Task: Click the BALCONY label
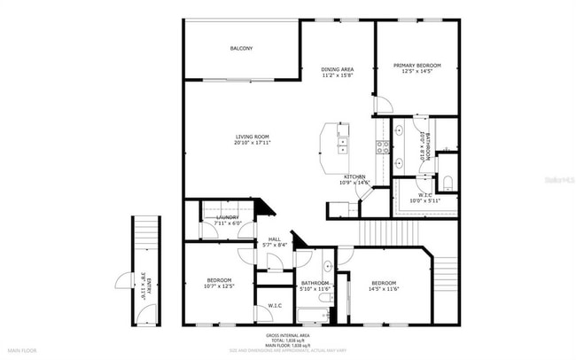coord(241,48)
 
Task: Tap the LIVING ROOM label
coord(253,137)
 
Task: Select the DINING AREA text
coord(338,69)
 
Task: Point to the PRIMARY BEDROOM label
coord(416,65)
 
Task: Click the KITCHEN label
coord(355,176)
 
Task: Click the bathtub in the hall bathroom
coord(312,312)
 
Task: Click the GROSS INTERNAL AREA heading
coord(287,335)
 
